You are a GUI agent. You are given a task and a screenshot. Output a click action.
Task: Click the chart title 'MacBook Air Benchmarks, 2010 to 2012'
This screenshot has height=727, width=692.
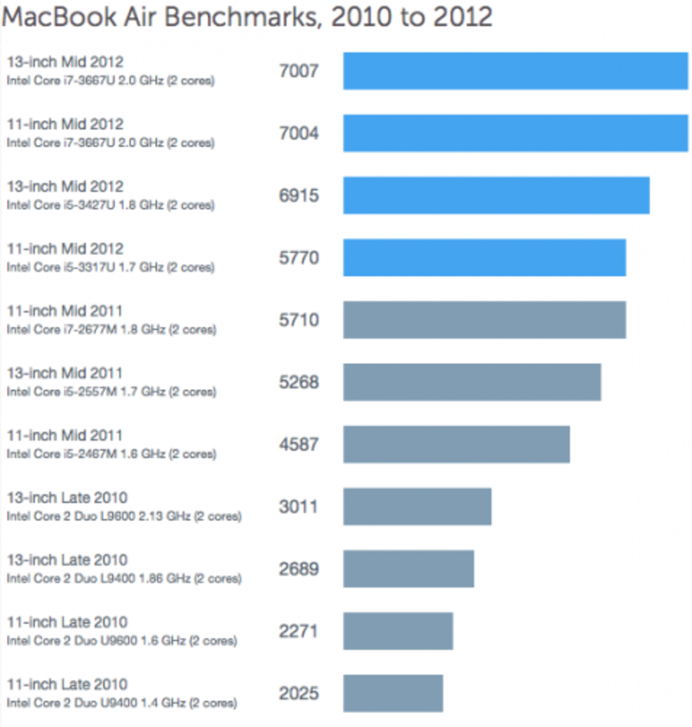pos(247,17)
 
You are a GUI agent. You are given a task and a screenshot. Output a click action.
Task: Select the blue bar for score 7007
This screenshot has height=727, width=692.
pos(515,71)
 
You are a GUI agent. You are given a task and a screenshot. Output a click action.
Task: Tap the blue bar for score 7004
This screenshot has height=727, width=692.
pos(515,133)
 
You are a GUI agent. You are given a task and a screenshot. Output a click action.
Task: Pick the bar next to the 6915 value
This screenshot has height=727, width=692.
pos(496,195)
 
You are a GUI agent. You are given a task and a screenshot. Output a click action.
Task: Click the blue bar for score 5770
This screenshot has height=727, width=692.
pos(484,257)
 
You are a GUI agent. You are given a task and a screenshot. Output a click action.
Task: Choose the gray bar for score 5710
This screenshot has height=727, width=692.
pos(484,320)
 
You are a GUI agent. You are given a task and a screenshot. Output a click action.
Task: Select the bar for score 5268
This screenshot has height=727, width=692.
pos(472,382)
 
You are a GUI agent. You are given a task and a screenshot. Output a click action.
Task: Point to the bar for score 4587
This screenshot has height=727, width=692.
pos(456,444)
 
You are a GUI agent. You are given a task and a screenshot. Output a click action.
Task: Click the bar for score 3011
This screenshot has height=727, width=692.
pos(417,506)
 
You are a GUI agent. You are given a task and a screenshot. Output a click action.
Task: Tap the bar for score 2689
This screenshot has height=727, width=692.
pos(409,569)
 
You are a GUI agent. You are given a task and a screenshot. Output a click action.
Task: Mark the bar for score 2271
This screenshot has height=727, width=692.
pos(398,631)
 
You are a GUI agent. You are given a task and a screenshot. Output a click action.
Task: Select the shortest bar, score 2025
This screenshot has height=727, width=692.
pos(393,693)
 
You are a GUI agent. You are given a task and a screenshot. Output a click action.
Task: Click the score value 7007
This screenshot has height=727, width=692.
pos(298,71)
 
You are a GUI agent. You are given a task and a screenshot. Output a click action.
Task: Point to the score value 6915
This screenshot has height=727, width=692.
pos(298,195)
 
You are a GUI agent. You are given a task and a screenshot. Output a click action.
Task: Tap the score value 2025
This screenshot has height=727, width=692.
pos(298,693)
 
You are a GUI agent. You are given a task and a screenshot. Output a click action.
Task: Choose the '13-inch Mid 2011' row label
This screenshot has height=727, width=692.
pos(65,373)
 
